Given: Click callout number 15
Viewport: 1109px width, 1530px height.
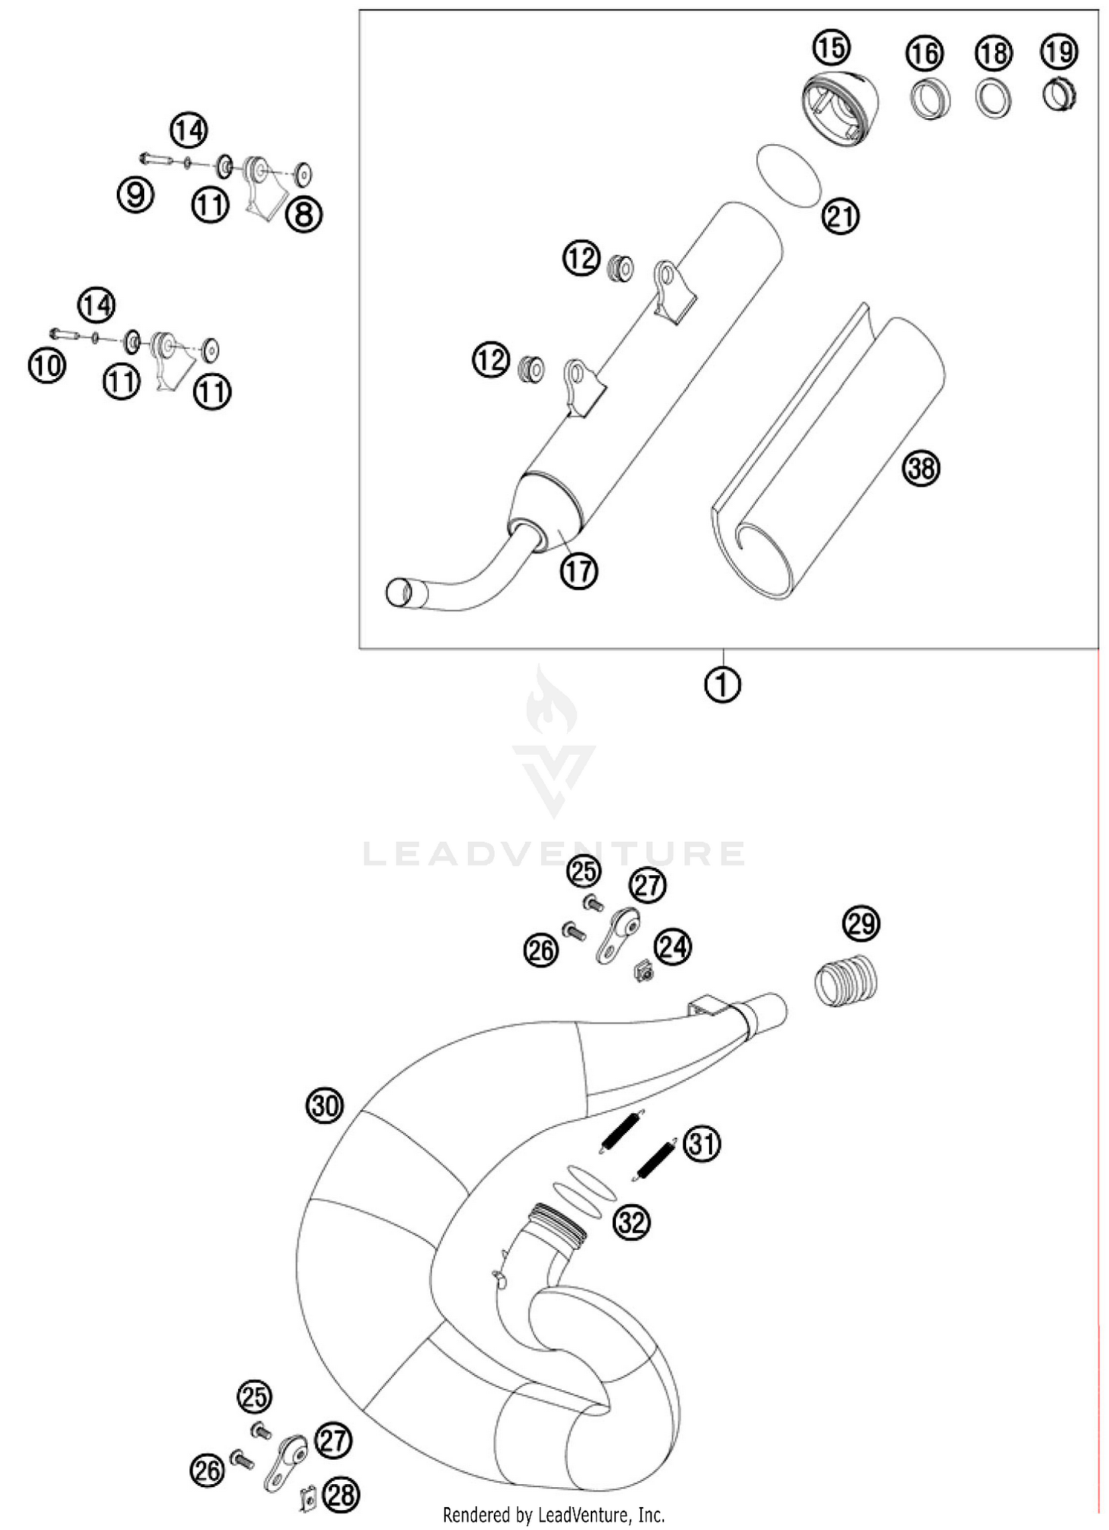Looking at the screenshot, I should click(831, 48).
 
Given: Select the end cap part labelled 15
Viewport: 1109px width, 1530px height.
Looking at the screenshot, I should click(841, 109).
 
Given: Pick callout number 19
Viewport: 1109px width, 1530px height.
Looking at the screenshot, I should click(1059, 52).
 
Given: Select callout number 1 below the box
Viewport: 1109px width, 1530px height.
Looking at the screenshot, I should click(722, 685).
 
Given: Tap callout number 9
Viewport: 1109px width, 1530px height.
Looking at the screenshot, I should click(136, 195).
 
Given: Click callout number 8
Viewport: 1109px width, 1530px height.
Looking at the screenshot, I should click(304, 215).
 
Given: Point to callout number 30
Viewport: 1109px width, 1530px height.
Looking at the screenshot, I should click(325, 1106).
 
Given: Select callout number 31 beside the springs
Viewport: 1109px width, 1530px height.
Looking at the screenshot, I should click(702, 1143).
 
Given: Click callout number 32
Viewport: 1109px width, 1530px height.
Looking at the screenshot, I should click(631, 1223).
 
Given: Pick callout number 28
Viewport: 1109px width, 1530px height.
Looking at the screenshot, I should click(342, 1496).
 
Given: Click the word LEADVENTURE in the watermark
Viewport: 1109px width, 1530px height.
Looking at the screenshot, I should click(554, 854).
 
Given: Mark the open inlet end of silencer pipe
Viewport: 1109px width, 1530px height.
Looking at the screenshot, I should click(399, 592).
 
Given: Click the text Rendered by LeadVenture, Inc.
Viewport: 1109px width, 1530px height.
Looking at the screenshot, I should click(554, 1515).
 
